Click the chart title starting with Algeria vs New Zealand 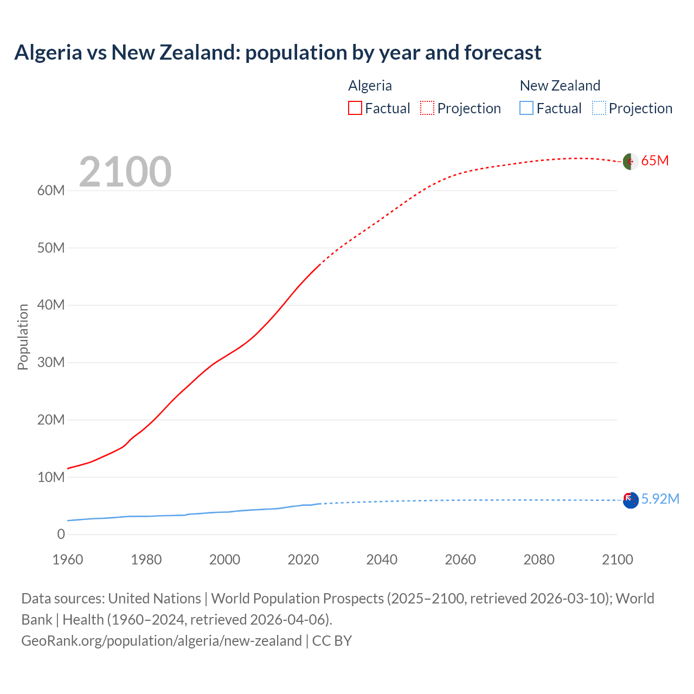(x=278, y=53)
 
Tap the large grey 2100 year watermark (x=125, y=172)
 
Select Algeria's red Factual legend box (x=355, y=108)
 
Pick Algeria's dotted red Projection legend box (x=427, y=108)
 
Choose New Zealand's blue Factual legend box (x=526, y=108)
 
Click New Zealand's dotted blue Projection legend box (x=599, y=108)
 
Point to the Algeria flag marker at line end (x=630, y=162)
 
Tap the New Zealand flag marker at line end (x=630, y=500)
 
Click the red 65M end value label (x=655, y=161)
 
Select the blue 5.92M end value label (x=660, y=499)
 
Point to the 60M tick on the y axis (x=51, y=191)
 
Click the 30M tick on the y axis (x=51, y=363)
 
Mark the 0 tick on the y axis (x=61, y=535)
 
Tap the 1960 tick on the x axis (x=68, y=560)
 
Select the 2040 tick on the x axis (x=382, y=560)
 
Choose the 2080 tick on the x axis (x=539, y=560)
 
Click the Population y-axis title (x=23, y=337)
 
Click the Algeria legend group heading (x=370, y=86)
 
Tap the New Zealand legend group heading (x=560, y=86)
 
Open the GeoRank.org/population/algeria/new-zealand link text (x=162, y=641)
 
